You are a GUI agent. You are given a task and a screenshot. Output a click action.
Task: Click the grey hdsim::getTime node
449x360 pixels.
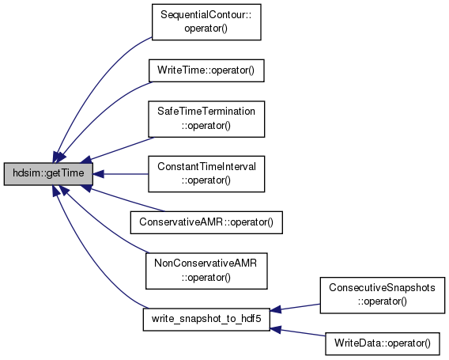point(48,174)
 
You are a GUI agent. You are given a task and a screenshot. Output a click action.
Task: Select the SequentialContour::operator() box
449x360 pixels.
point(206,22)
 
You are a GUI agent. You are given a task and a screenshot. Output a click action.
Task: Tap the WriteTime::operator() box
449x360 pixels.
point(206,70)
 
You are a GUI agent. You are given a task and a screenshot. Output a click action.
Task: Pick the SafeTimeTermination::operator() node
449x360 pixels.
point(206,119)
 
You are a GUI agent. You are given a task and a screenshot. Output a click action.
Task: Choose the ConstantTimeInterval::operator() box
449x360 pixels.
point(206,174)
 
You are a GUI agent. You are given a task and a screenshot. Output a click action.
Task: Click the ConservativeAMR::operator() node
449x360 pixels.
point(206,222)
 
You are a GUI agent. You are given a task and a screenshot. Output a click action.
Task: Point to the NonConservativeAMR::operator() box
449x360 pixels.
point(206,271)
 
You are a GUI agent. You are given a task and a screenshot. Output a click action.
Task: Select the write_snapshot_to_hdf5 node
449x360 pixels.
point(206,320)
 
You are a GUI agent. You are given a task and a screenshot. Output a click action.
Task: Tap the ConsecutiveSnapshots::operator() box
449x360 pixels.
point(383,295)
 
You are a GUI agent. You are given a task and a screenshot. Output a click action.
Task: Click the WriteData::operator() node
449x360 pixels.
point(383,343)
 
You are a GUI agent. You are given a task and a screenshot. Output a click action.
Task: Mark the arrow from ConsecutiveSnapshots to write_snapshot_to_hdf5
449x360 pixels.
point(295,308)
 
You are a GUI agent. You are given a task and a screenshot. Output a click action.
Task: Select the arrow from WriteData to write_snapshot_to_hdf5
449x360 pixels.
point(297,332)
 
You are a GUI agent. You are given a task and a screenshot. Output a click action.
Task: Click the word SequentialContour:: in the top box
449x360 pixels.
point(206,15)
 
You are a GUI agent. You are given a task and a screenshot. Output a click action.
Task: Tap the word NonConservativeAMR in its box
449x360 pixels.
point(206,263)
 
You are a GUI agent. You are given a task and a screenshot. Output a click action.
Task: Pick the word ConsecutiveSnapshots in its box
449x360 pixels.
point(382,287)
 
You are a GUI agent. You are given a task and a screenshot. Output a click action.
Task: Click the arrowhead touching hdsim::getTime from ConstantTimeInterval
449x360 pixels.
point(98,174)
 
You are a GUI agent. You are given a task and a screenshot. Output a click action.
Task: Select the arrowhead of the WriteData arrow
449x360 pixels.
point(275,329)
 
